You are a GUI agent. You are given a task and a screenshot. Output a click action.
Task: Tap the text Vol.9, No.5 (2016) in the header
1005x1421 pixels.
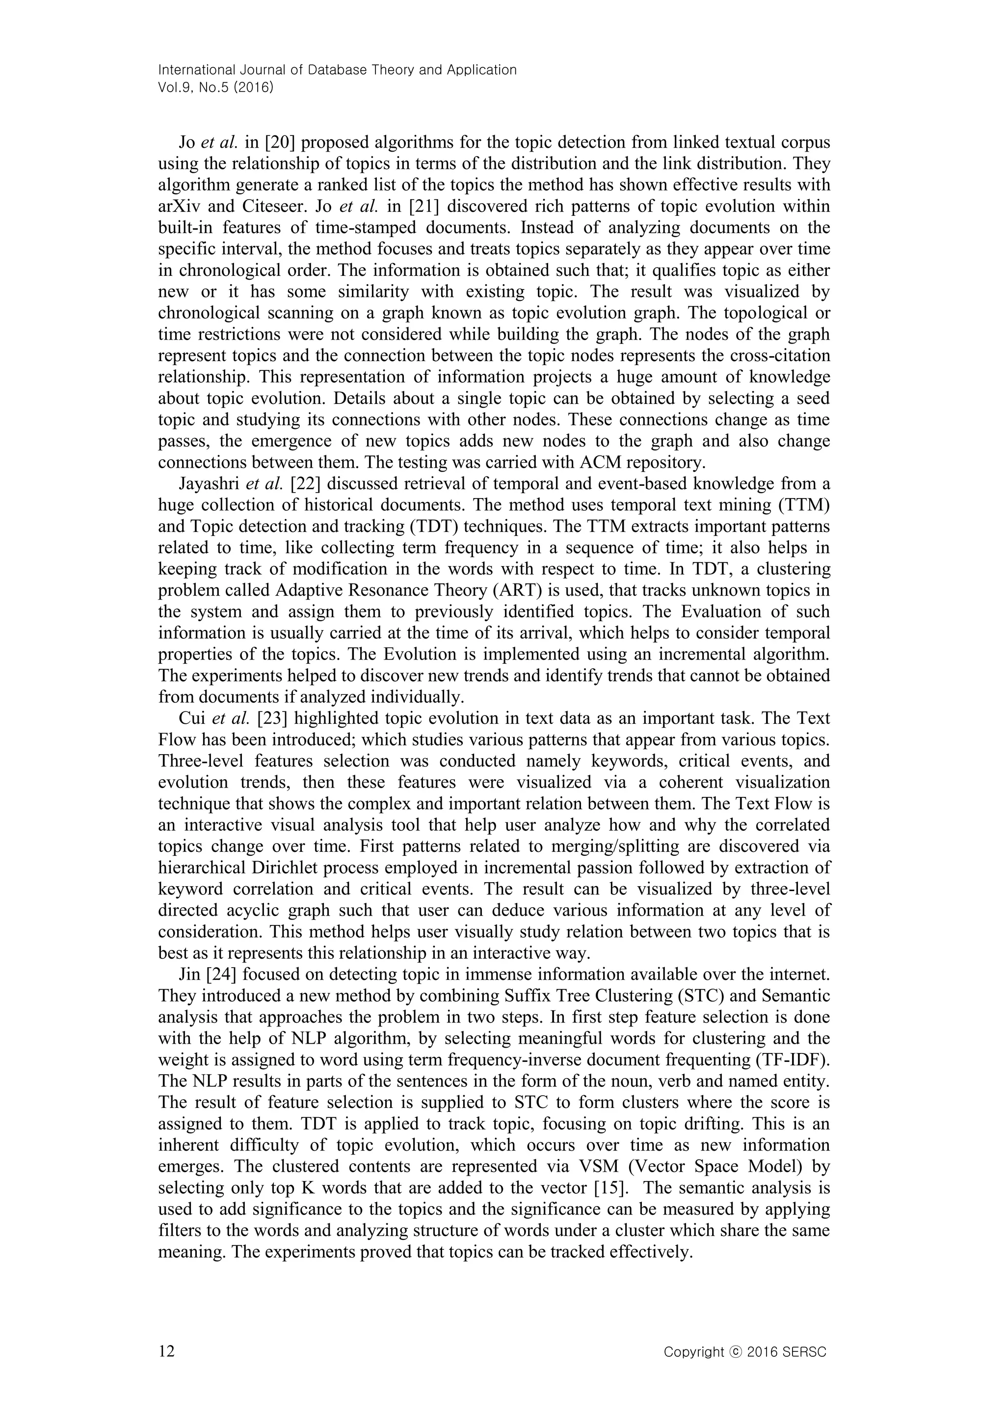click(x=216, y=87)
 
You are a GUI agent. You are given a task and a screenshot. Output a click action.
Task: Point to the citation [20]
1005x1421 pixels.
click(x=280, y=142)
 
